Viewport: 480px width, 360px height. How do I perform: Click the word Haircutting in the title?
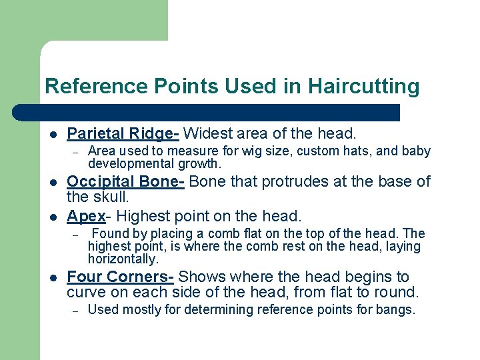(364, 87)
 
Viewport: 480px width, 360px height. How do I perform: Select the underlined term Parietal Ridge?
(123, 133)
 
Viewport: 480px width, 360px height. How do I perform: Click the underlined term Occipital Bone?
(125, 182)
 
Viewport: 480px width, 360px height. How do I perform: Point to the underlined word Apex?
(86, 216)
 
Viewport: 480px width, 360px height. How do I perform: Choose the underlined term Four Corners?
(120, 276)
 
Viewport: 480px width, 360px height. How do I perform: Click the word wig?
(216, 151)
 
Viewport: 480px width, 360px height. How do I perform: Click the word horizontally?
(123, 259)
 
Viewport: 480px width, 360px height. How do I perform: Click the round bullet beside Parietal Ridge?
(53, 133)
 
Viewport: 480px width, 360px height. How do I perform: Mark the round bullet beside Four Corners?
(53, 277)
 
